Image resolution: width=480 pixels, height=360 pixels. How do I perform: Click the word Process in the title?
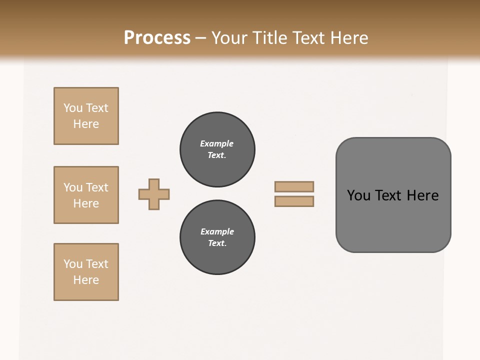point(157,38)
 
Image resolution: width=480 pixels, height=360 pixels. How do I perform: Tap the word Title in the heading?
point(268,38)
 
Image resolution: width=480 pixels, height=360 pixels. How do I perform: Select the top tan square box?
point(86,116)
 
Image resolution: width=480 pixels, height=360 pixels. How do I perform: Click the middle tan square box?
point(86,195)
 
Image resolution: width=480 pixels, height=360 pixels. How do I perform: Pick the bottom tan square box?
point(86,272)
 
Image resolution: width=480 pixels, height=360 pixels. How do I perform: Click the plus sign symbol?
point(154,194)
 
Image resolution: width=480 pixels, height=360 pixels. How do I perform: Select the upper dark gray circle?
point(217,149)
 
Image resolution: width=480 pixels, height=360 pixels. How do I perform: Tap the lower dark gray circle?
point(217,237)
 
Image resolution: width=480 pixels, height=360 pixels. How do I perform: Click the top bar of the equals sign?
point(294,186)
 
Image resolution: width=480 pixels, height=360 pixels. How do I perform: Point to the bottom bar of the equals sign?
point(294,201)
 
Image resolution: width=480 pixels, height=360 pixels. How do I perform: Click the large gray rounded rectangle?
point(393,195)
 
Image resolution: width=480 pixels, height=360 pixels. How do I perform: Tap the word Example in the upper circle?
point(216,143)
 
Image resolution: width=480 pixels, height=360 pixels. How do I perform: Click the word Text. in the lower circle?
point(217,243)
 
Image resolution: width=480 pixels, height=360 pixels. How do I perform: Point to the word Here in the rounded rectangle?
point(422,195)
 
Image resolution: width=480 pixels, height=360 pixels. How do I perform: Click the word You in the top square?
point(73,108)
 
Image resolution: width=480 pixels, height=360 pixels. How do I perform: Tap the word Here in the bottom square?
point(86,280)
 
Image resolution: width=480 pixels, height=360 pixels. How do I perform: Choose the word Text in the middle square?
point(96,187)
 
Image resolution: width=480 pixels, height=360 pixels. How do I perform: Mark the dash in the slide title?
point(201,38)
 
